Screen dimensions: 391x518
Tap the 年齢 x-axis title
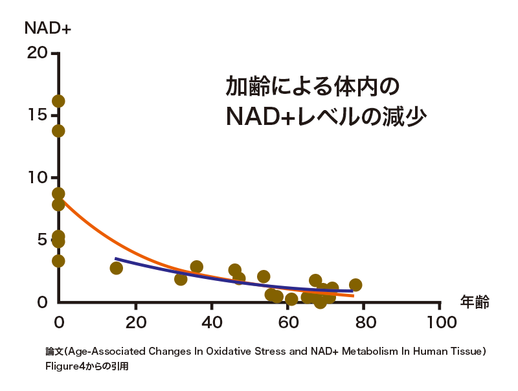point(474,302)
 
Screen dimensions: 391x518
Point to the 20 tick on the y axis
point(37,52)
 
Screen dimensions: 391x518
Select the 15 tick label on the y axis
point(37,115)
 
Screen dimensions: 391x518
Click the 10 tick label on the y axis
point(37,177)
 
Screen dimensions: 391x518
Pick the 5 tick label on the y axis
point(42,240)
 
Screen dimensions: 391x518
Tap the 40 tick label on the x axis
point(211,322)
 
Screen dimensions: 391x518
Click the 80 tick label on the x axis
point(363,322)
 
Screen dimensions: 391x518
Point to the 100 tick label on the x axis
point(440,322)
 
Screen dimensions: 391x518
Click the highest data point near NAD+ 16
point(58,101)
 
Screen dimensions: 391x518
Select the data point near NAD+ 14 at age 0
point(58,131)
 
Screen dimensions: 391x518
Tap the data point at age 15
point(116,268)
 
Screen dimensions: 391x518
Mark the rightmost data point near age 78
point(355,285)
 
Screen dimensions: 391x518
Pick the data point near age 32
point(181,279)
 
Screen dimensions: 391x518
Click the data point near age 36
point(197,267)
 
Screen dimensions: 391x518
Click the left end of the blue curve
point(116,259)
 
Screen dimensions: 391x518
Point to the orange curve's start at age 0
point(60,199)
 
